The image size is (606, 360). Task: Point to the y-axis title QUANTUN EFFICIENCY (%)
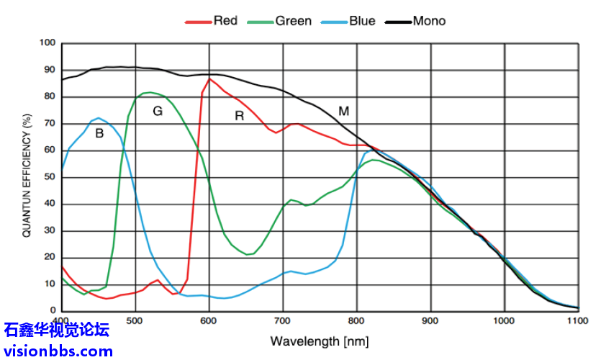(27, 175)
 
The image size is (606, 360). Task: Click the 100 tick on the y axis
(48, 43)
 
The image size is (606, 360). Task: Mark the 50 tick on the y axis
(50, 177)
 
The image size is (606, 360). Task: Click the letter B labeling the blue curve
(99, 133)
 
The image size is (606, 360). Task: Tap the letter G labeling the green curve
(158, 111)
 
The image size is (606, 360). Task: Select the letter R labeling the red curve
(240, 116)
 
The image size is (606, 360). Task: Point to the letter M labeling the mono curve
(344, 111)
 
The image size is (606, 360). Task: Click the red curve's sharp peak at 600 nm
(209, 78)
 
